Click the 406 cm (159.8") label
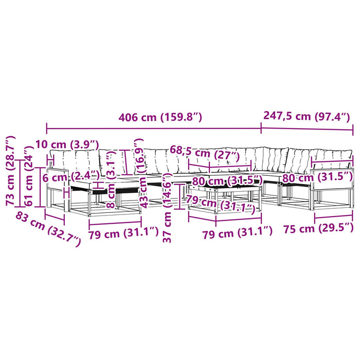(160, 117)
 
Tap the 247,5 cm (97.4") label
(307, 116)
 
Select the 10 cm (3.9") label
(67, 145)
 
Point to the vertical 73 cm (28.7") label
(10, 171)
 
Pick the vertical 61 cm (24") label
(29, 176)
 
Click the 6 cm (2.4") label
(71, 177)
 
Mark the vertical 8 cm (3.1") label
(111, 178)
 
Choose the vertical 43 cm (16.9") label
(141, 173)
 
